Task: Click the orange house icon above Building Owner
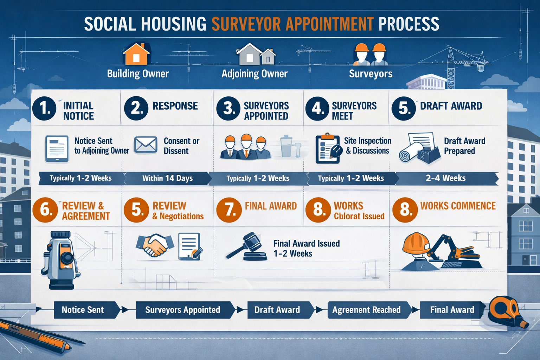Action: pos(136,54)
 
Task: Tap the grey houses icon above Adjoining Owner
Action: pos(255,54)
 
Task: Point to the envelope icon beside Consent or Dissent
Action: pos(146,144)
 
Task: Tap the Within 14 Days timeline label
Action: pos(167,178)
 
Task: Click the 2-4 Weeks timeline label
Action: pos(445,178)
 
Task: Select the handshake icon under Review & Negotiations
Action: pos(155,245)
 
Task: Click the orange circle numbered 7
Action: pos(229,210)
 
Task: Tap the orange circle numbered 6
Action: pos(45,210)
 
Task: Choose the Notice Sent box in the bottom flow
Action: pos(83,310)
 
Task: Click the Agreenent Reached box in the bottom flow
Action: pos(366,310)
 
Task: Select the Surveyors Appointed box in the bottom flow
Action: pos(183,310)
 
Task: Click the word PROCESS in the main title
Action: pos(409,24)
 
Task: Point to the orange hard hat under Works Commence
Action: pos(416,243)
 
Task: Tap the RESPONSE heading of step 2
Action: pos(175,106)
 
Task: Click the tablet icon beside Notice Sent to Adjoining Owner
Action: pos(57,149)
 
